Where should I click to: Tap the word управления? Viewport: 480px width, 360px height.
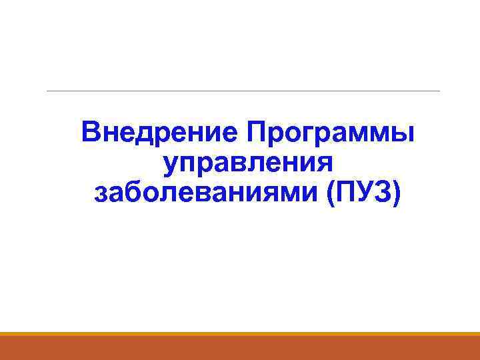(247, 163)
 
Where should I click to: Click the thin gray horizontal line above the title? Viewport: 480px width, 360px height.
(243, 91)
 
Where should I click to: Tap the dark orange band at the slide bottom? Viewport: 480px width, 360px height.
(240, 348)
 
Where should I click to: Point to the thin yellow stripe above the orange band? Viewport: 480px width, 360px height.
(240, 333)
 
